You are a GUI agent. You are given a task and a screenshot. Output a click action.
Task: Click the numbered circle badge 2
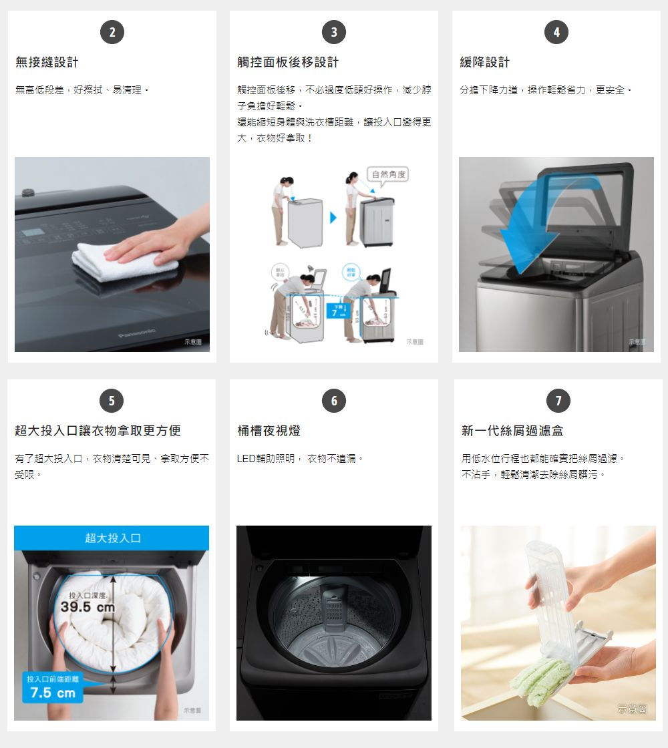[x=112, y=32]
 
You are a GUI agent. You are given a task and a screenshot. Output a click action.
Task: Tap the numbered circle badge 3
[x=334, y=32]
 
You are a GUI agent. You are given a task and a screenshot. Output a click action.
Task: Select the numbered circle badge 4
[x=556, y=32]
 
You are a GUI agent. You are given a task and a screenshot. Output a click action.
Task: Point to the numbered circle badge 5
[x=112, y=401]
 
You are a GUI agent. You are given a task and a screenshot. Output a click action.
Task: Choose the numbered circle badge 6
[x=334, y=401]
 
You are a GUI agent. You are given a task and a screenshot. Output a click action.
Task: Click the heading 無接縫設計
[x=47, y=62]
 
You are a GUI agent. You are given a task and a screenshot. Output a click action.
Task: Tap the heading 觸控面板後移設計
[x=288, y=62]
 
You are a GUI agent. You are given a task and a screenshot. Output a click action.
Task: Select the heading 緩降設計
[x=485, y=62]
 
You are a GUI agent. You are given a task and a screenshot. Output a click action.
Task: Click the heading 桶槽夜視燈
[x=269, y=431]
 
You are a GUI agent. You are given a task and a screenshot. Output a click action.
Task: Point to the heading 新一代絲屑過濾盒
[x=512, y=431]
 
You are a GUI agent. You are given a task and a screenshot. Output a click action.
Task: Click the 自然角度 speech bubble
[x=388, y=175]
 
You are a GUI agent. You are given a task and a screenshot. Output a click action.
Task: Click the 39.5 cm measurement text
[x=88, y=608]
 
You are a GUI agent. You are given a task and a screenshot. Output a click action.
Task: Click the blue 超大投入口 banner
[x=112, y=538]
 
